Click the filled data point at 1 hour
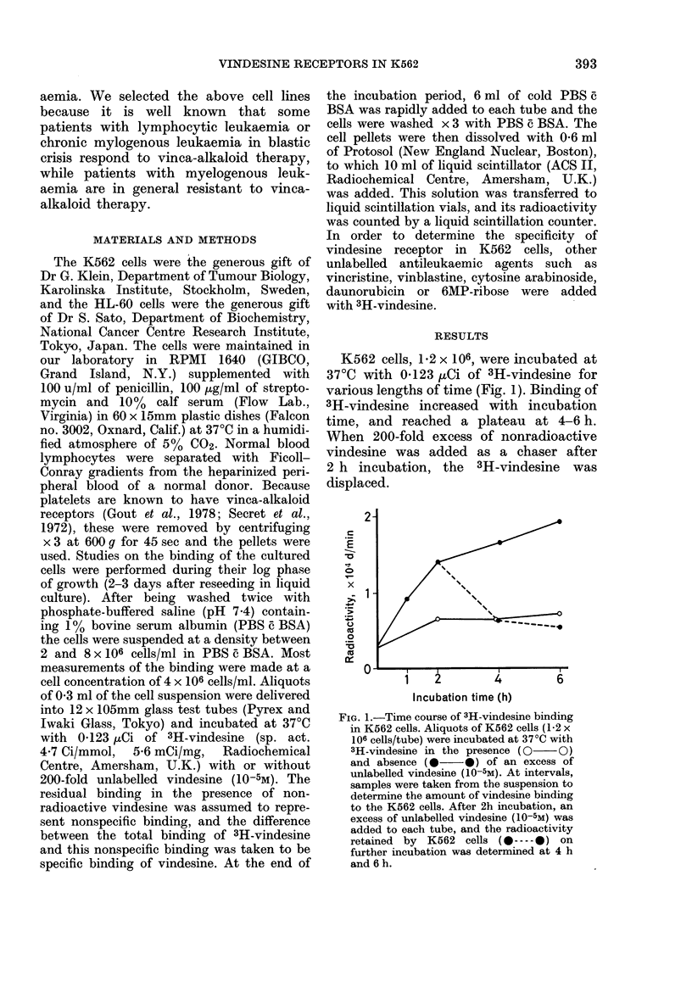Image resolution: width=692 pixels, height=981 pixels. (x=408, y=599)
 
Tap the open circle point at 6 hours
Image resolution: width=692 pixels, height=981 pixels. (x=583, y=613)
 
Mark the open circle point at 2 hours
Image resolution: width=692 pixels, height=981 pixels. (x=438, y=619)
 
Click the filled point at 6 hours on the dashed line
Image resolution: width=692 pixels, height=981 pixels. (x=583, y=627)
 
